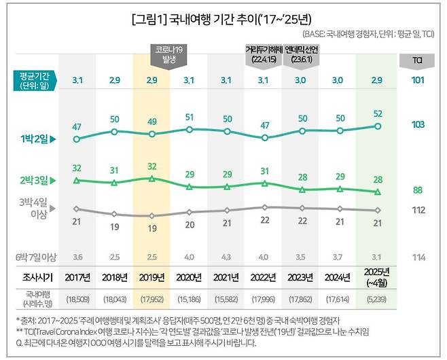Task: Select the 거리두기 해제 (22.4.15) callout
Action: click(x=263, y=54)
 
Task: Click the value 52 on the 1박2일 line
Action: click(x=377, y=113)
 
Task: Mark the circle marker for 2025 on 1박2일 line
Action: click(x=377, y=126)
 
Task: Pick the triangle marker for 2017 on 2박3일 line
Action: click(x=77, y=181)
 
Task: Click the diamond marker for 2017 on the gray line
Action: click(x=77, y=209)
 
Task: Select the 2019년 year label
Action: click(x=151, y=277)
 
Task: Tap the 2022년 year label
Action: click(x=264, y=277)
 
